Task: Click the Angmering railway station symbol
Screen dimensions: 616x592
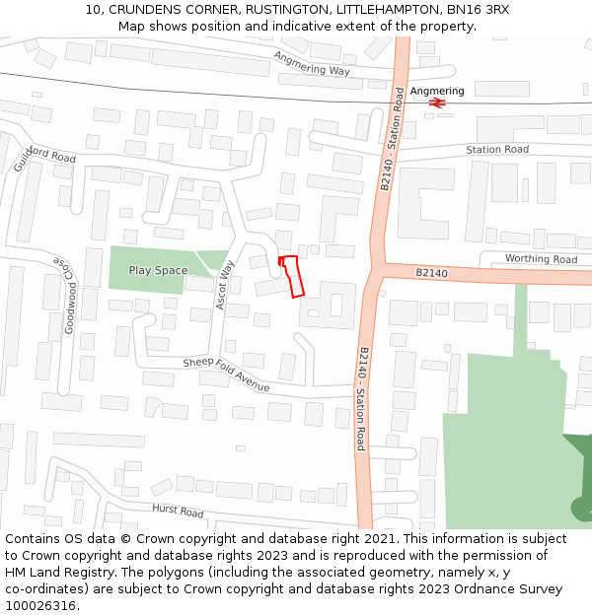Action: [x=438, y=102]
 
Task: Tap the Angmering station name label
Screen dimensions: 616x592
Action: [x=437, y=91]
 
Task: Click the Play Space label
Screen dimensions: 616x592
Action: [x=158, y=270]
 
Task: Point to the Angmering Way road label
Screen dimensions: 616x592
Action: [x=312, y=64]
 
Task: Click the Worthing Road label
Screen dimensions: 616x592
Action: [x=541, y=259]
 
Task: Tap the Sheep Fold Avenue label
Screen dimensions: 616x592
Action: [x=225, y=375]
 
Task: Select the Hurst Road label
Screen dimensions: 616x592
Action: [x=178, y=512]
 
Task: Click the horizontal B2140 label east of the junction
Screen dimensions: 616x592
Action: [x=431, y=272]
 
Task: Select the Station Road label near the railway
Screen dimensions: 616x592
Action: [x=497, y=150]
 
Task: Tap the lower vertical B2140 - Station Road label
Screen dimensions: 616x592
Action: [x=362, y=398]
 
